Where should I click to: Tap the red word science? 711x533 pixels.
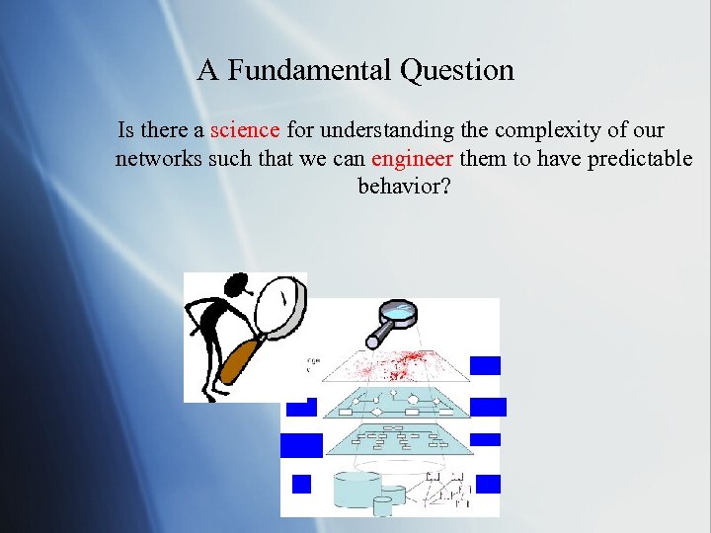[245, 130]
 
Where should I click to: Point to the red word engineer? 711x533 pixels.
[412, 159]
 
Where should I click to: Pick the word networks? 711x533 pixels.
[158, 159]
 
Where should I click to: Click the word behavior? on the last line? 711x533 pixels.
[404, 186]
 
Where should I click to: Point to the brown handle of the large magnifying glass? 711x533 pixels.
[237, 359]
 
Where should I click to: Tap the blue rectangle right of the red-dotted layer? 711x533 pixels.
[485, 365]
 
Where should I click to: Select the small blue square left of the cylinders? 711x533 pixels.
[301, 484]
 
